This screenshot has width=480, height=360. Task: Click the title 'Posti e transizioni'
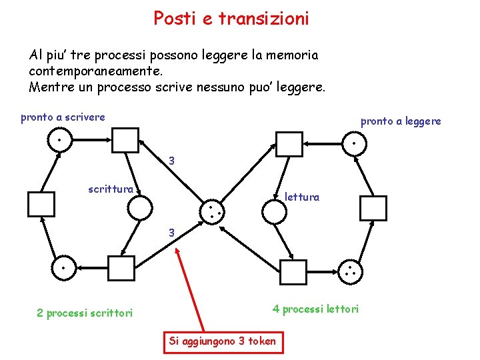point(231,19)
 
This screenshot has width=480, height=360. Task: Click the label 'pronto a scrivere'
point(63,117)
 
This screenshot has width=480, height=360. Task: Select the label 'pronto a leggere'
point(401,121)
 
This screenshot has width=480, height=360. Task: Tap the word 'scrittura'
point(111,189)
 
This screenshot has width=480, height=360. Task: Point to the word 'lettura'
point(302,197)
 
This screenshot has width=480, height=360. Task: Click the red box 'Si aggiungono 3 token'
point(222,341)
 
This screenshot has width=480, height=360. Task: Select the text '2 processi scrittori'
point(85,312)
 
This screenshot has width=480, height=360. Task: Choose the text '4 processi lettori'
point(315,308)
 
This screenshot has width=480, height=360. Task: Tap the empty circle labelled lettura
point(274,211)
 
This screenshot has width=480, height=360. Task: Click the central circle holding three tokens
point(212,212)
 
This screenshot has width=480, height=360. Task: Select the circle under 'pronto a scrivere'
point(59,141)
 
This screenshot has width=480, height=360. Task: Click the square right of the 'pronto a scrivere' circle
point(125,141)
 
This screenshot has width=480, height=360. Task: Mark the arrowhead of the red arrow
point(177,250)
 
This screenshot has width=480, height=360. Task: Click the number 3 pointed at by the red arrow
point(172,233)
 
